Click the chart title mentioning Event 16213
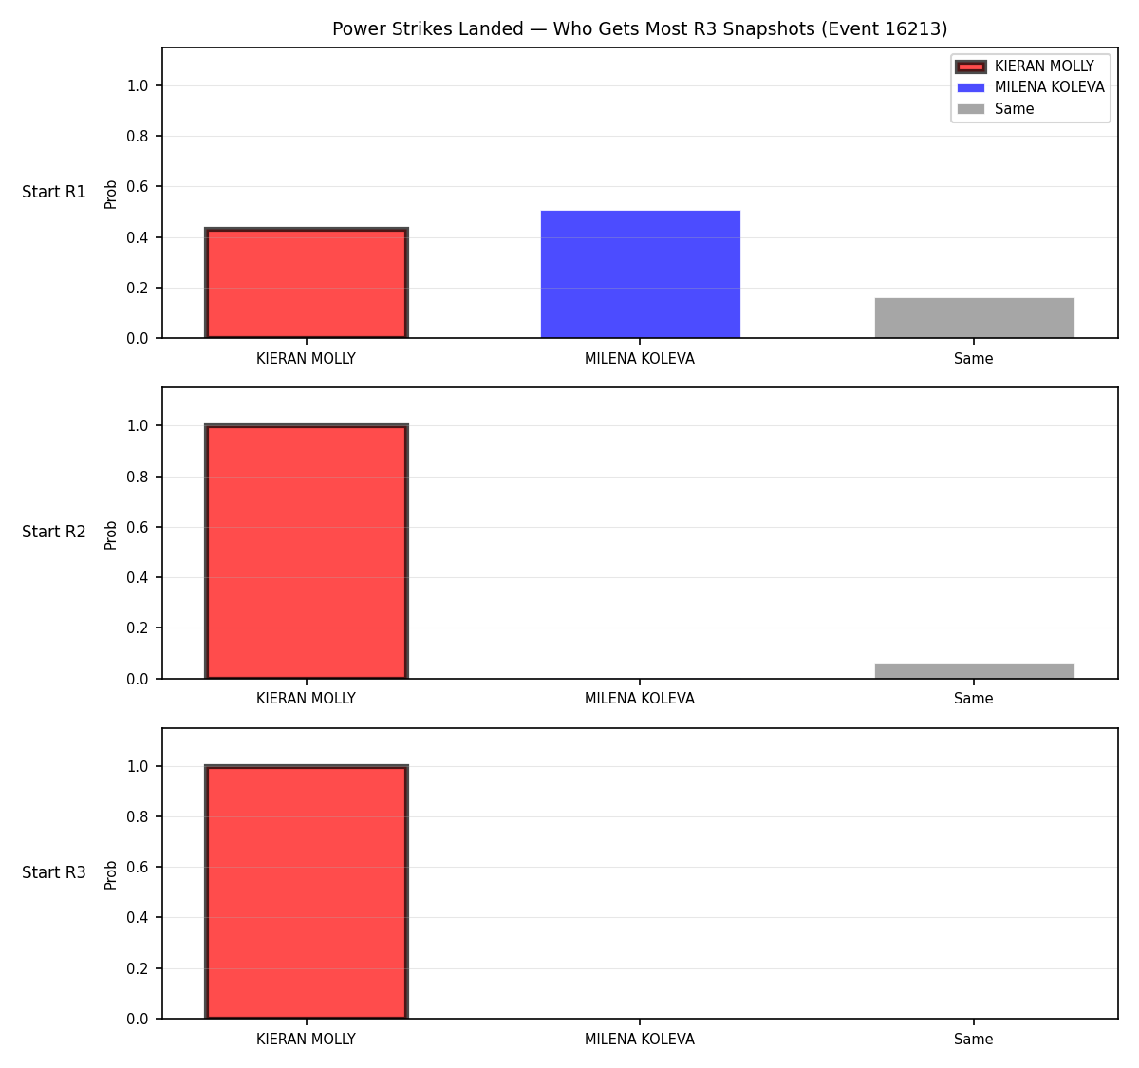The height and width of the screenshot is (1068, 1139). click(640, 28)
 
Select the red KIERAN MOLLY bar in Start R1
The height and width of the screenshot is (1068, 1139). click(307, 283)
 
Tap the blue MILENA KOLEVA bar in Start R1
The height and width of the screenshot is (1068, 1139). click(640, 274)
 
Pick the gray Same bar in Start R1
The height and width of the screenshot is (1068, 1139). click(974, 318)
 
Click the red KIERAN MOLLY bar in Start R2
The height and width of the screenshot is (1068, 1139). click(307, 552)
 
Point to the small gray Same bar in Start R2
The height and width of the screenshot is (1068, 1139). click(974, 671)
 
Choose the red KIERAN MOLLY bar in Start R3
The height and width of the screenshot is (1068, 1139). click(307, 891)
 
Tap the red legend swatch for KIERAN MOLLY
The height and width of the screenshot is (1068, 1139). click(970, 66)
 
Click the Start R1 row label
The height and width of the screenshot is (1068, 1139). click(53, 192)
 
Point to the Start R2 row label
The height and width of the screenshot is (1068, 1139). click(53, 532)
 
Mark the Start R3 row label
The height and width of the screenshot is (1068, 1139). click(53, 872)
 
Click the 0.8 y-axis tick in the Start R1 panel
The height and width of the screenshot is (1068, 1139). click(137, 136)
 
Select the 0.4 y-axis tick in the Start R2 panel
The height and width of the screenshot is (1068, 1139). click(137, 577)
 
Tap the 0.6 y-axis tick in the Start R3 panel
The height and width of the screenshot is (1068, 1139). click(137, 867)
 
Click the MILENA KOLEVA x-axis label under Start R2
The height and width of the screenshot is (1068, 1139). click(640, 699)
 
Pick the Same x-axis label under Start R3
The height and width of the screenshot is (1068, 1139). click(973, 1039)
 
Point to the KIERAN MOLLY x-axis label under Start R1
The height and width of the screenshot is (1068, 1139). click(306, 359)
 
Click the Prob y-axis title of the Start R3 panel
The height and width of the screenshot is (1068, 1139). click(111, 875)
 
